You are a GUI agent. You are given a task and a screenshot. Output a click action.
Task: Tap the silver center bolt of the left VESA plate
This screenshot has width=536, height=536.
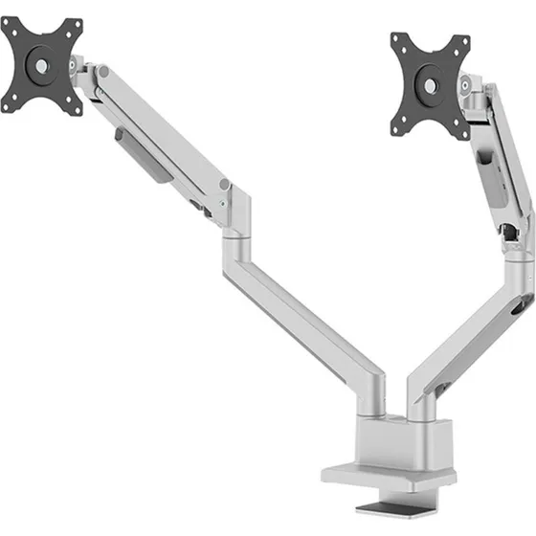click(x=42, y=66)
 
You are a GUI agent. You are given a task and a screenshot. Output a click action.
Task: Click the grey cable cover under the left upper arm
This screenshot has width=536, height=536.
click(x=140, y=151)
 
